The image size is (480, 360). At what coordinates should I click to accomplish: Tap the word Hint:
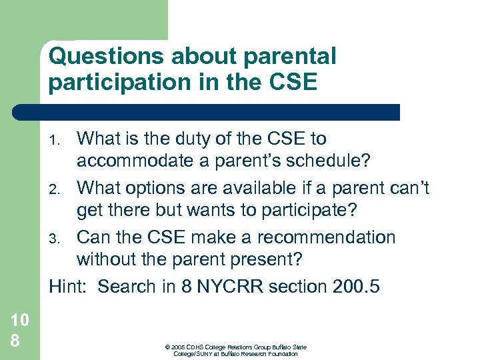coord(69,287)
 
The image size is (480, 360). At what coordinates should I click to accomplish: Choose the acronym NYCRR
coord(231,287)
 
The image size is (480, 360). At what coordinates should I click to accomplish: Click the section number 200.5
coord(355,287)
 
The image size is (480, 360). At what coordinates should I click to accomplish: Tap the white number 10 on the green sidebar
coord(20,319)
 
